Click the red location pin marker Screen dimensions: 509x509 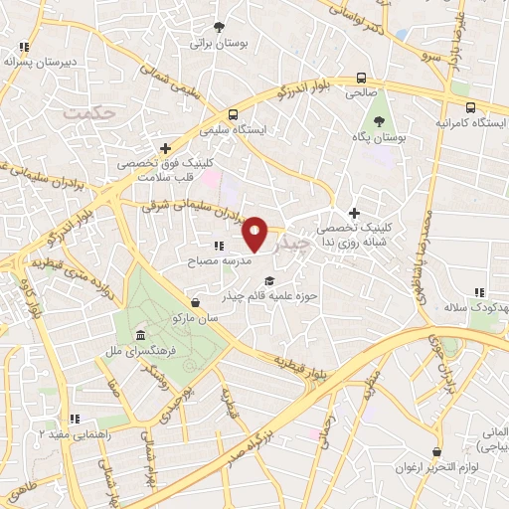pyautogui.click(x=255, y=234)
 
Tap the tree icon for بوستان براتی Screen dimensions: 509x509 pyautogui.click(x=220, y=27)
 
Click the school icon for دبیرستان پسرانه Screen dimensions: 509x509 pyautogui.click(x=24, y=46)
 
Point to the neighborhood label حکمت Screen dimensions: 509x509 pyautogui.click(x=88, y=113)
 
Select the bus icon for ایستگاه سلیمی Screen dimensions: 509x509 pyautogui.click(x=231, y=113)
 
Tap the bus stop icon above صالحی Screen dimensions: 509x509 pyautogui.click(x=360, y=78)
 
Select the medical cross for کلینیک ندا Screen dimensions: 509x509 pyautogui.click(x=354, y=213)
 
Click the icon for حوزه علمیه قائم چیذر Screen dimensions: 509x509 pyautogui.click(x=269, y=278)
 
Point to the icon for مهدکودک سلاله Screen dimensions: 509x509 pyautogui.click(x=478, y=292)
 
